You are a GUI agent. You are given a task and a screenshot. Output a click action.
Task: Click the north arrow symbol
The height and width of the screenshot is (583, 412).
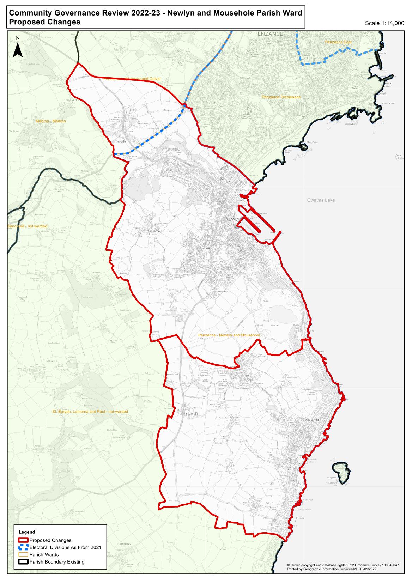coord(18,49)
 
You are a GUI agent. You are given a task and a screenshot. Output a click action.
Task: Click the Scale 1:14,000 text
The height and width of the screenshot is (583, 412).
coord(384,23)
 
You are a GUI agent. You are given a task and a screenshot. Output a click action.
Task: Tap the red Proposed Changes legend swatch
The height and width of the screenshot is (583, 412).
coord(24,540)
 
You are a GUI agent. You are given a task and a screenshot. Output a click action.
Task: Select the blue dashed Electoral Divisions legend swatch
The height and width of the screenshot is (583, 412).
coord(24,547)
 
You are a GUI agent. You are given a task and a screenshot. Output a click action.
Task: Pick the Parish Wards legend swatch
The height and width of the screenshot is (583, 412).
coord(24,554)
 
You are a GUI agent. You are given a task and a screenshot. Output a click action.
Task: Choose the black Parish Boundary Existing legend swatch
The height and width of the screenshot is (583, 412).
coord(24,562)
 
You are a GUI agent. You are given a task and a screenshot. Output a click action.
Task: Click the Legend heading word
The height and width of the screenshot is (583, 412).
coord(27,532)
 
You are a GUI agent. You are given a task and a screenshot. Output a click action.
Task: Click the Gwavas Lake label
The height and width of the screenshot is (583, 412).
coord(321,200)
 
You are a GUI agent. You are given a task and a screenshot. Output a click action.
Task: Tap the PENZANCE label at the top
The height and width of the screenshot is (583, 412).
coord(268,34)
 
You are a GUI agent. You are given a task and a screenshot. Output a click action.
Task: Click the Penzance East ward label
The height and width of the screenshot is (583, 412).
coord(338,42)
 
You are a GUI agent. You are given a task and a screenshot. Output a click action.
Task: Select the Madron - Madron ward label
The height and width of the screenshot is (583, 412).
coord(51,121)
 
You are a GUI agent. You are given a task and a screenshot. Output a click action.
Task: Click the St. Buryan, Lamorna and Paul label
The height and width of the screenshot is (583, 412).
coord(90,412)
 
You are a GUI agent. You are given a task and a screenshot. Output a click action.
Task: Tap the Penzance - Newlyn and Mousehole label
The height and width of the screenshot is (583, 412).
coord(229,335)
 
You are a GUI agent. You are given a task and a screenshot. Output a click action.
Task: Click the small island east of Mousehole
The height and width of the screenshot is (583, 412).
coord(341,472)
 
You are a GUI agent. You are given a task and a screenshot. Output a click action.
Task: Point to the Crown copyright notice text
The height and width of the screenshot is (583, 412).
coord(343,565)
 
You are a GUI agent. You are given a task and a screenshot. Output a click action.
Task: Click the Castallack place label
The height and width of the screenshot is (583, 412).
coord(124,544)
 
